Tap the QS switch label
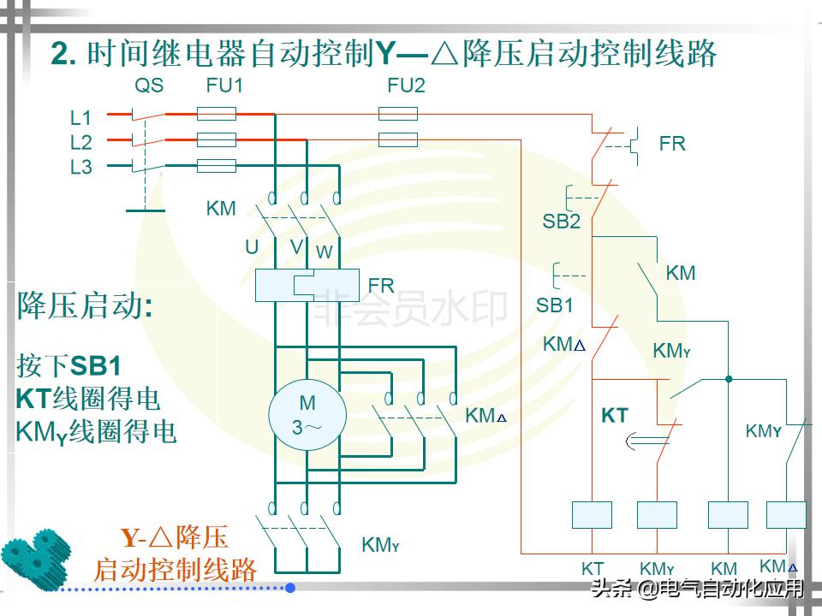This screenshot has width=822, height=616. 148,86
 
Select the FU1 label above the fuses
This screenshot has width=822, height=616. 224,86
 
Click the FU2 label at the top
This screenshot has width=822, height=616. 406,86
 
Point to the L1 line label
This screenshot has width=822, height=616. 80,117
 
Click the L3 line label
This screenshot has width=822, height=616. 80,168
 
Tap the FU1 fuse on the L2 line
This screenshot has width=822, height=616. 217,139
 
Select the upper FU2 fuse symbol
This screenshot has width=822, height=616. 397,114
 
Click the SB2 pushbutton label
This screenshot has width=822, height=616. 561,222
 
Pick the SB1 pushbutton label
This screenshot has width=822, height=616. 554,305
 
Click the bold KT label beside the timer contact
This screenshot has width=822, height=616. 615,417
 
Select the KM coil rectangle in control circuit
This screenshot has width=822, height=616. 727,514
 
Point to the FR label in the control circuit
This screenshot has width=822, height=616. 672,144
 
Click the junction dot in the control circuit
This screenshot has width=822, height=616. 729,378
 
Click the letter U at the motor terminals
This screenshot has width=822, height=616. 252,247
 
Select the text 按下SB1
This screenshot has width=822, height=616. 68,365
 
